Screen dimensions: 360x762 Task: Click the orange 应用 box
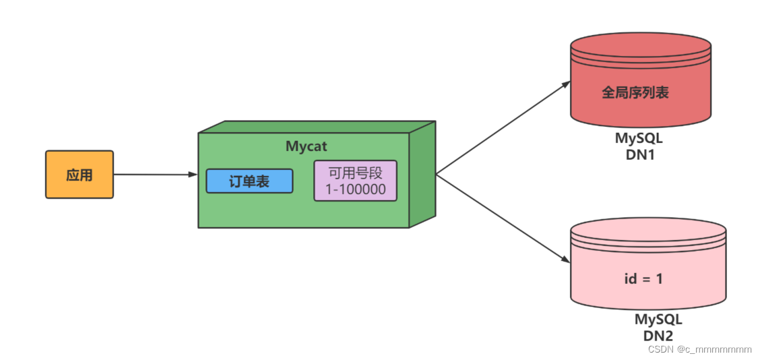pyautogui.click(x=80, y=175)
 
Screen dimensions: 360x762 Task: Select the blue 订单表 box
pyautogui.click(x=249, y=181)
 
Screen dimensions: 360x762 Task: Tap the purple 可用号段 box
pyautogui.click(x=355, y=181)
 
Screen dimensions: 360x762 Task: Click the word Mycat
pyautogui.click(x=307, y=146)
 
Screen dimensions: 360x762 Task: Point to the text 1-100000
pyautogui.click(x=356, y=190)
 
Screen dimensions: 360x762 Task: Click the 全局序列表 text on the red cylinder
pyautogui.click(x=635, y=92)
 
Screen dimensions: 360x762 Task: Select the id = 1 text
pyautogui.click(x=643, y=278)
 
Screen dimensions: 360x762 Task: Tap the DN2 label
pyautogui.click(x=658, y=335)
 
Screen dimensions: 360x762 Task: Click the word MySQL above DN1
pyautogui.click(x=639, y=138)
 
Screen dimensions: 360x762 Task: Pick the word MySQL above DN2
pyautogui.click(x=658, y=320)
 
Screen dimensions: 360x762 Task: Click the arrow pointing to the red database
pyautogui.click(x=502, y=128)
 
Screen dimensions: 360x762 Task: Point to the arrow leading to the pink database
pyautogui.click(x=502, y=218)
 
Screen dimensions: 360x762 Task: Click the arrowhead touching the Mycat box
pyautogui.click(x=193, y=175)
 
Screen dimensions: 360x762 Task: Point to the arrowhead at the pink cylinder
pyautogui.click(x=565, y=259)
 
